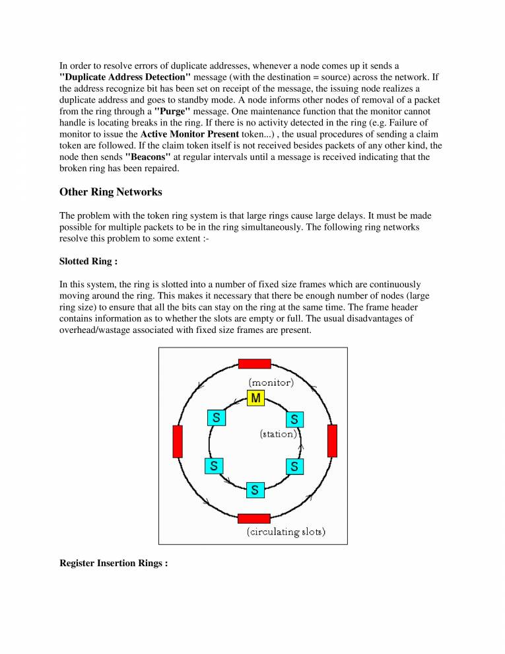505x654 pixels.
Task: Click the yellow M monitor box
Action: [x=255, y=398]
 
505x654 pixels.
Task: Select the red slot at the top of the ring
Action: [x=254, y=363]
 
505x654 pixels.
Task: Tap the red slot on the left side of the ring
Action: [x=177, y=441]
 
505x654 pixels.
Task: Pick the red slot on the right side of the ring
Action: [x=332, y=441]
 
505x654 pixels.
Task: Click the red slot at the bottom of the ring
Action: [x=254, y=519]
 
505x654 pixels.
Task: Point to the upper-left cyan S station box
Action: [x=216, y=418]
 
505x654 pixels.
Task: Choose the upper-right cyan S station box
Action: [x=294, y=419]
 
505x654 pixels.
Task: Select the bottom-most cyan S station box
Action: [x=255, y=490]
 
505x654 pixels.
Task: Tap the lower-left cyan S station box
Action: [x=215, y=466]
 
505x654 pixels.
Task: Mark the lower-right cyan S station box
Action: [x=294, y=466]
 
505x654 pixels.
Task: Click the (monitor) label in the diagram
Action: [x=271, y=382]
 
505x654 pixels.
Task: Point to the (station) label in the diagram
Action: [x=279, y=434]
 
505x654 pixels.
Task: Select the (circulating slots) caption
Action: [x=286, y=532]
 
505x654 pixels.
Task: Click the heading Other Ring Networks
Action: [x=110, y=192]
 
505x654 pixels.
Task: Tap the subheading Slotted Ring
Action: [x=88, y=262]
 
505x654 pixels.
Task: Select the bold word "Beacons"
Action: [x=148, y=157]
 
